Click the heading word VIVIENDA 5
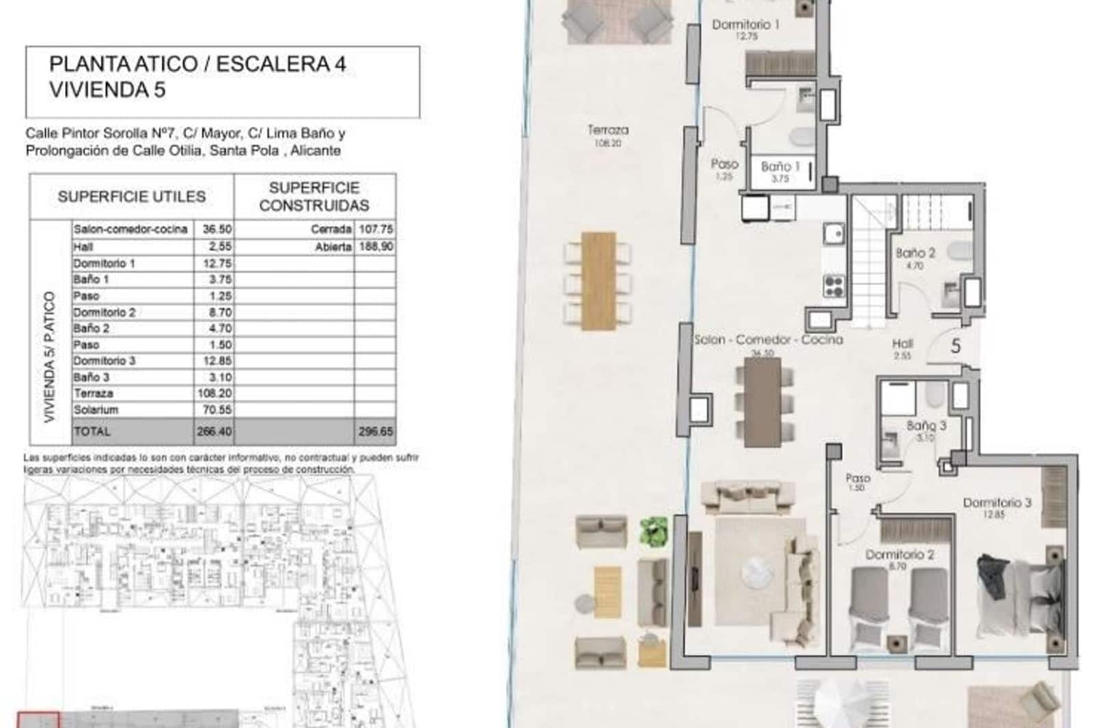click(x=107, y=89)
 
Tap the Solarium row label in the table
click(x=96, y=410)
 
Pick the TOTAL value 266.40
click(x=214, y=432)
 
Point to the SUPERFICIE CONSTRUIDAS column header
click(x=314, y=197)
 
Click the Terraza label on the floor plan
click(x=607, y=130)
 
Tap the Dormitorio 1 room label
click(x=745, y=25)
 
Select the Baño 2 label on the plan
click(x=915, y=253)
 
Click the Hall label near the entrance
click(x=902, y=344)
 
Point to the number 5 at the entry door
click(x=955, y=346)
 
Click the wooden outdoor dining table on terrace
click(x=598, y=280)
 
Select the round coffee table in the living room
click(x=758, y=570)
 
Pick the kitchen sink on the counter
click(x=833, y=234)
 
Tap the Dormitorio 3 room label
click(x=997, y=503)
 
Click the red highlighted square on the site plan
click(x=38, y=719)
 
